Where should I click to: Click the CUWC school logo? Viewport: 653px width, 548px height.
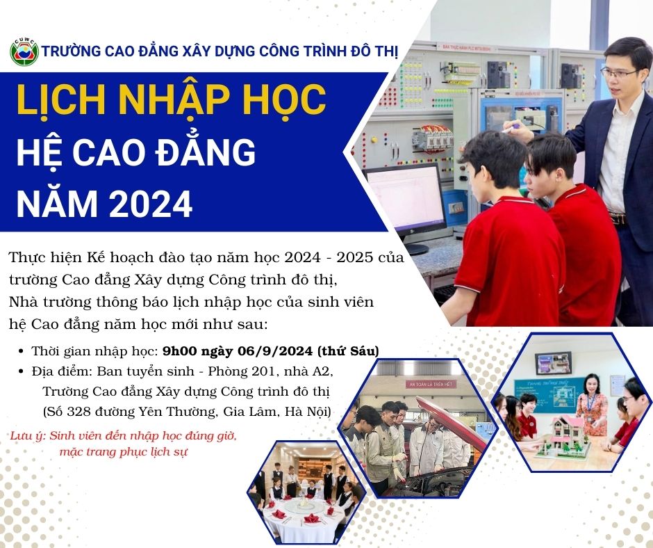click(x=24, y=51)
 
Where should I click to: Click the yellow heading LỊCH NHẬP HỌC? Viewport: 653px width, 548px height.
click(x=171, y=100)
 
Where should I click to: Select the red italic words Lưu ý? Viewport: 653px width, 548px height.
click(x=27, y=436)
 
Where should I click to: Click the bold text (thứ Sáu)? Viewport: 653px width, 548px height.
click(x=348, y=350)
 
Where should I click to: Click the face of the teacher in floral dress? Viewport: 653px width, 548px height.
click(x=591, y=385)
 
